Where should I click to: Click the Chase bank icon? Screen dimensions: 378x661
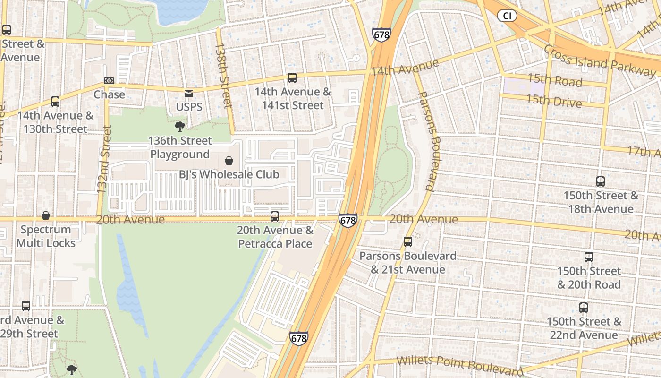click(x=109, y=81)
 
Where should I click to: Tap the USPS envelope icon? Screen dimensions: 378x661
click(x=189, y=94)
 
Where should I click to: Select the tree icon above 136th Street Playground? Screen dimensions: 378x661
click(x=179, y=126)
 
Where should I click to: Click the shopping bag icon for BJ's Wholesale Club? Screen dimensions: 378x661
click(x=229, y=161)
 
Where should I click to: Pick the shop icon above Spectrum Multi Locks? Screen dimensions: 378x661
click(x=46, y=215)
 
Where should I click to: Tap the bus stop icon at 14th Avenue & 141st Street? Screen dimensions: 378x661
click(x=292, y=78)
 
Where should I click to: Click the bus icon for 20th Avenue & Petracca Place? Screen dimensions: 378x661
click(x=275, y=216)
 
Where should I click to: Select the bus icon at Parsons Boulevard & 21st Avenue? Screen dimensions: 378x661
click(x=408, y=242)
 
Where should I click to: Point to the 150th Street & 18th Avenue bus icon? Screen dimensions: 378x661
click(x=600, y=181)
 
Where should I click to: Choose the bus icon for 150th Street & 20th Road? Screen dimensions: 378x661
click(x=588, y=257)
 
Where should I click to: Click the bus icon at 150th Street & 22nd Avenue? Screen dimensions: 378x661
click(x=584, y=308)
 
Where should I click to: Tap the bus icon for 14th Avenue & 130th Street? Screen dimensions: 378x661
click(x=55, y=102)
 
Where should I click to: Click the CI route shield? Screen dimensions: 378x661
click(x=507, y=16)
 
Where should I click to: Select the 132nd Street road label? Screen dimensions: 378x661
click(x=103, y=159)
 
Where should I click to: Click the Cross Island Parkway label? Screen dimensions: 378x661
click(x=600, y=60)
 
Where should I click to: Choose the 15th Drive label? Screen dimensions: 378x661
click(x=554, y=101)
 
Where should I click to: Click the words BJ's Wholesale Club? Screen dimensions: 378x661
click(x=229, y=174)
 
